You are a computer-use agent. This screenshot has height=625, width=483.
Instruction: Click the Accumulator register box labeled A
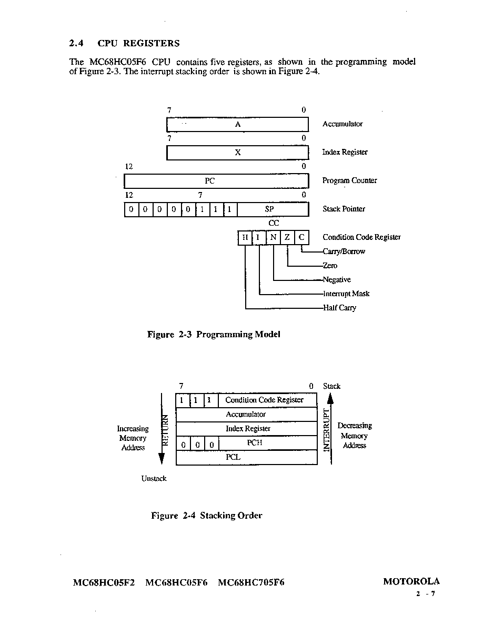237,124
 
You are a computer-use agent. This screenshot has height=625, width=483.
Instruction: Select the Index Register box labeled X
237,152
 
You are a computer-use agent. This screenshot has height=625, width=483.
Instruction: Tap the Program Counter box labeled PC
216,181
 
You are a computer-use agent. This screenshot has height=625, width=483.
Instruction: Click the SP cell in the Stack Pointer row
273,209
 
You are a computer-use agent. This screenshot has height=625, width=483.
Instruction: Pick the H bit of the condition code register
245,238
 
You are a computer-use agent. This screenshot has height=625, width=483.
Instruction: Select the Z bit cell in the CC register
287,238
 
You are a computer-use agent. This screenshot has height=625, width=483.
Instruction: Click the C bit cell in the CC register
301,238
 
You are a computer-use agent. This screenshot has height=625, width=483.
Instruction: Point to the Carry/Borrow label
344,251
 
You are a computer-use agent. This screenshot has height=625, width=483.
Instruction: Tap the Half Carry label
339,308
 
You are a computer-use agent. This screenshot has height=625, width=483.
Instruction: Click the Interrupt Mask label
346,294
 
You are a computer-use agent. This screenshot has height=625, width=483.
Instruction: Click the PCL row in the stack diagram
247,457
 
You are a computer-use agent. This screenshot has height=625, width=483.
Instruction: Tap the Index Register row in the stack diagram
247,428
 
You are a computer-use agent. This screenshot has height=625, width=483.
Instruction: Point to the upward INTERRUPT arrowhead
330,399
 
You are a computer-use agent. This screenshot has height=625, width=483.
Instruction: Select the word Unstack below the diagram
154,478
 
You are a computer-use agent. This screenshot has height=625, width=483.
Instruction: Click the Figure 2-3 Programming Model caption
214,335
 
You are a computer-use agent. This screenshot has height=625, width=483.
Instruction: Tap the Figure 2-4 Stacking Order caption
206,516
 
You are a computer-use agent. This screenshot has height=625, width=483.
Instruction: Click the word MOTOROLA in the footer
411,581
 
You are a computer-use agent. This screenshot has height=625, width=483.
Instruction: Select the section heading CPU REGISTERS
139,44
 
